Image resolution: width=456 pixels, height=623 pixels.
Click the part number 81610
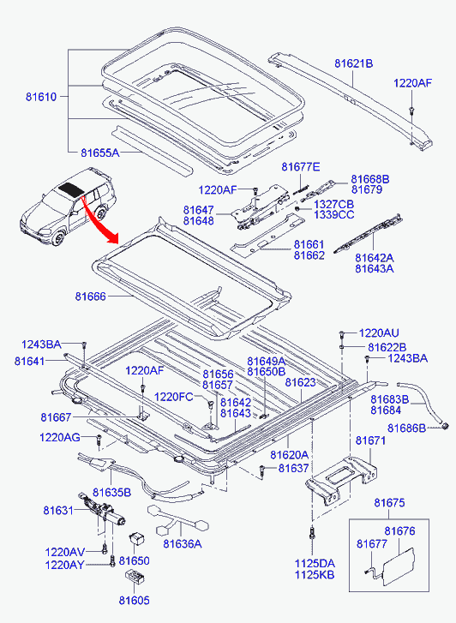(x=41, y=97)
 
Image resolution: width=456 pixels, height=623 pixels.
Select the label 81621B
(x=353, y=63)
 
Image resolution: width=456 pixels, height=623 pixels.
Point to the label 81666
(x=91, y=297)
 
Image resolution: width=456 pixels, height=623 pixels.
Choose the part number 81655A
(x=99, y=153)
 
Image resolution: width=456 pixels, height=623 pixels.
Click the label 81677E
(x=301, y=167)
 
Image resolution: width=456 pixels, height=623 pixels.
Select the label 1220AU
(x=379, y=333)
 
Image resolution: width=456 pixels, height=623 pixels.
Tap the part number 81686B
(x=406, y=428)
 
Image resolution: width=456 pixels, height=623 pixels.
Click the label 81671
(x=370, y=440)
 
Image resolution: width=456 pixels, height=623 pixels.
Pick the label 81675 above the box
(x=389, y=503)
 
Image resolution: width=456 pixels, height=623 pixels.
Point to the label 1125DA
(x=315, y=563)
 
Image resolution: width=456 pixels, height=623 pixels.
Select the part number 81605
(x=135, y=600)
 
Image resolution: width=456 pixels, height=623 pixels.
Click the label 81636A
(x=182, y=543)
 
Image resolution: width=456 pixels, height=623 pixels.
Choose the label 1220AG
(x=60, y=437)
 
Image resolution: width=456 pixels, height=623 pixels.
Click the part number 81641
(x=30, y=361)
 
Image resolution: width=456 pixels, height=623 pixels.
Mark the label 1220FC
(x=173, y=397)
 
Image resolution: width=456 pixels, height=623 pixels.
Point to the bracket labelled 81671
(x=342, y=481)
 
